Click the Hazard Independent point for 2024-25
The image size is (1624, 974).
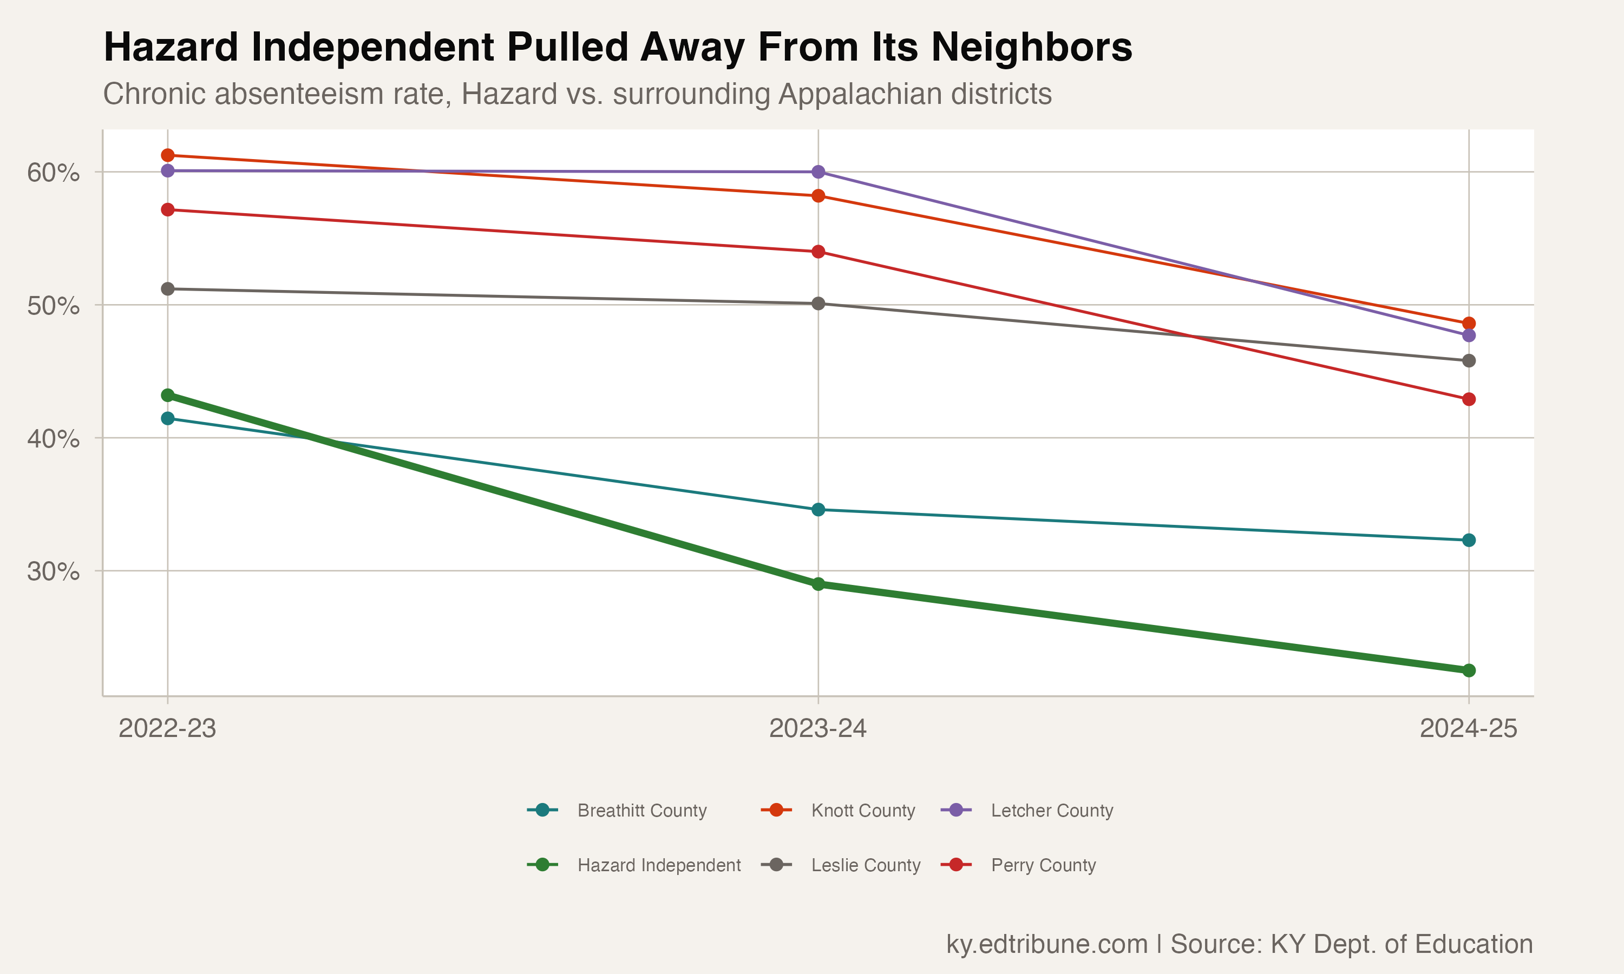(1469, 670)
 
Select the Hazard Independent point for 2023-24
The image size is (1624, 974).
(818, 584)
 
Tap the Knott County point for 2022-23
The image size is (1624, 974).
(167, 155)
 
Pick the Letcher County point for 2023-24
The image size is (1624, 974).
(818, 172)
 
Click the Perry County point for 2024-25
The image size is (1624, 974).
(1469, 399)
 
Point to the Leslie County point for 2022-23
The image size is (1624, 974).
(167, 289)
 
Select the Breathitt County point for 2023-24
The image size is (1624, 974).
(818, 509)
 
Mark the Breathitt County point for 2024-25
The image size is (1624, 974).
(1469, 540)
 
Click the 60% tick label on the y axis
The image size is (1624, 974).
(53, 173)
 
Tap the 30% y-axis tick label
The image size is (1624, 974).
(53, 571)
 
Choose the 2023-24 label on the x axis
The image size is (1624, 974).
(818, 728)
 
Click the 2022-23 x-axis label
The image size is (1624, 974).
(167, 728)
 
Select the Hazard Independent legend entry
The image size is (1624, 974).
(658, 865)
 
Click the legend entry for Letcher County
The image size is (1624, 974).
(1052, 811)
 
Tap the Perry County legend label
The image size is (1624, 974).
(1043, 865)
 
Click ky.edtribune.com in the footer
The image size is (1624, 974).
(1046, 944)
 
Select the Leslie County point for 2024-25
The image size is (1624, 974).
(1469, 360)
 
